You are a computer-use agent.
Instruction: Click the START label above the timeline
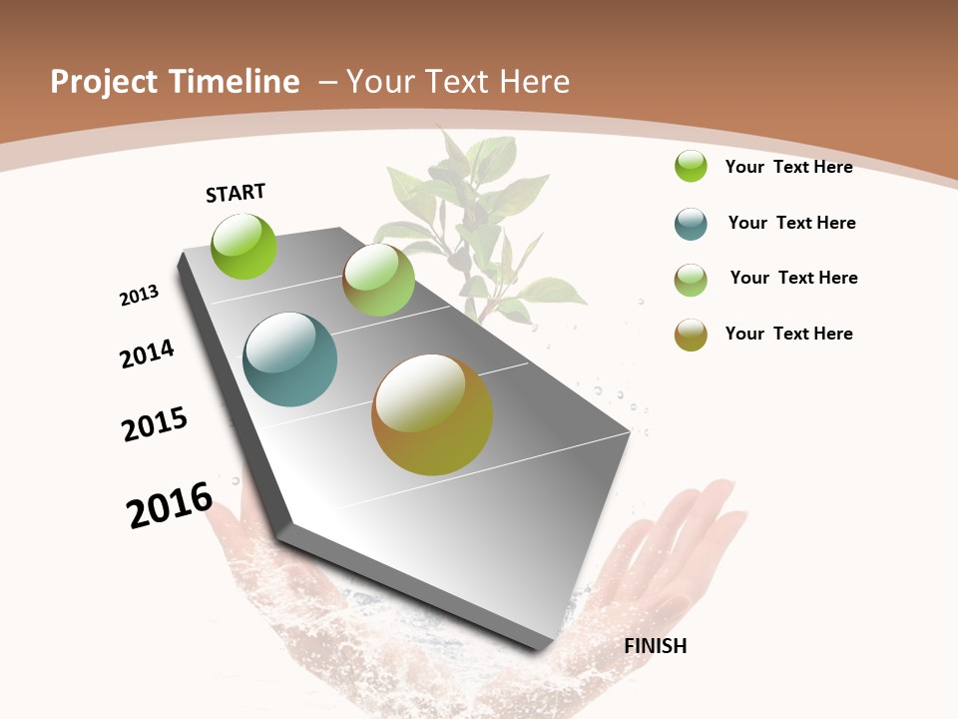pos(236,193)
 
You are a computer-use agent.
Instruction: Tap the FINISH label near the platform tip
pos(655,646)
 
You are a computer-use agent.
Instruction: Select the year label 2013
pos(140,295)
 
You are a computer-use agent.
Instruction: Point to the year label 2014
pos(148,355)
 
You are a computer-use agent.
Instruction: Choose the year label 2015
pos(155,424)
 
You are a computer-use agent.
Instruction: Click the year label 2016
pos(170,504)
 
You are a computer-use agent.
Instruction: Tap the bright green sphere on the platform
pos(244,247)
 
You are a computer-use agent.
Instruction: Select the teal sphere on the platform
pos(290,359)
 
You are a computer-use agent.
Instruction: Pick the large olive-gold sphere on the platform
pos(432,413)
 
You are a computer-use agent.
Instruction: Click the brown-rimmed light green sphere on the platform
pos(378,281)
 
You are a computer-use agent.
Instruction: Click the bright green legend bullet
pos(691,166)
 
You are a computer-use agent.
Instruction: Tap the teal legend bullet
pos(691,224)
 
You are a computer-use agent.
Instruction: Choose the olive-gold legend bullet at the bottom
pos(691,335)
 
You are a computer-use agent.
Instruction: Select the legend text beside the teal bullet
pos(791,223)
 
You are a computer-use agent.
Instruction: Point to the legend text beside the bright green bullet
pos(788,167)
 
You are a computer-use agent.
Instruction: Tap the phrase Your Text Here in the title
pos(458,82)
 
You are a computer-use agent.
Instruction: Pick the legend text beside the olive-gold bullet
pos(788,334)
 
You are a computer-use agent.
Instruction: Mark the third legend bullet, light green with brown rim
pos(691,280)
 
